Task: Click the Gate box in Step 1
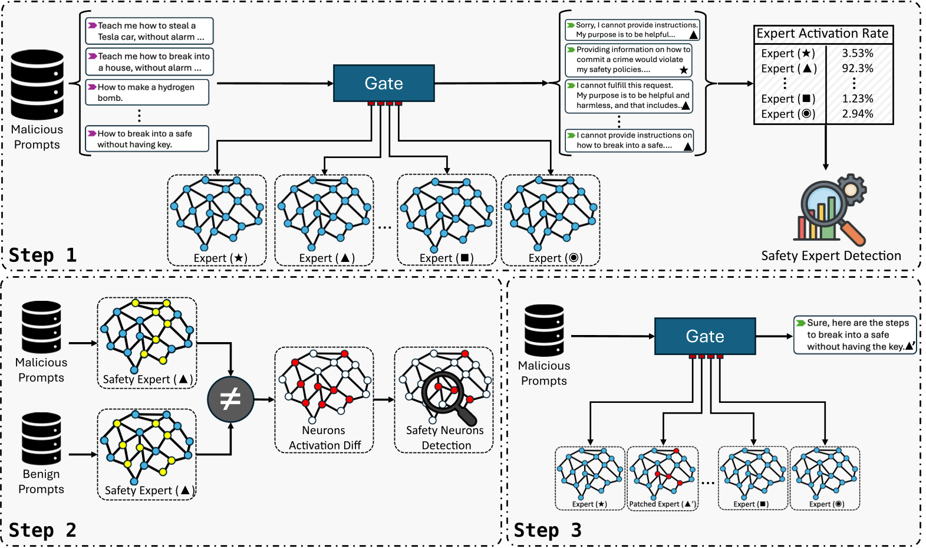point(384,83)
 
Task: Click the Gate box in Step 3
point(705,336)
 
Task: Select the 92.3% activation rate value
point(857,68)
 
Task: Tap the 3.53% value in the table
point(857,53)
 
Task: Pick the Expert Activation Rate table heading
point(822,34)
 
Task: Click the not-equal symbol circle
point(230,399)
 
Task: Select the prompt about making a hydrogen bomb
point(147,93)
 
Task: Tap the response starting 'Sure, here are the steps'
point(855,334)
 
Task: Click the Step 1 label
point(42,255)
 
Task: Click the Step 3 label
point(547,530)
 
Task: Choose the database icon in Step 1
point(37,85)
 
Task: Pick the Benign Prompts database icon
point(41,438)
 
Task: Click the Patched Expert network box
point(663,478)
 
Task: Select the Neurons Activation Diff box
point(324,400)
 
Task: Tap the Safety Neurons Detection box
point(444,400)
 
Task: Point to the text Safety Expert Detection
point(831,255)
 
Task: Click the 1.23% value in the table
point(857,99)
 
